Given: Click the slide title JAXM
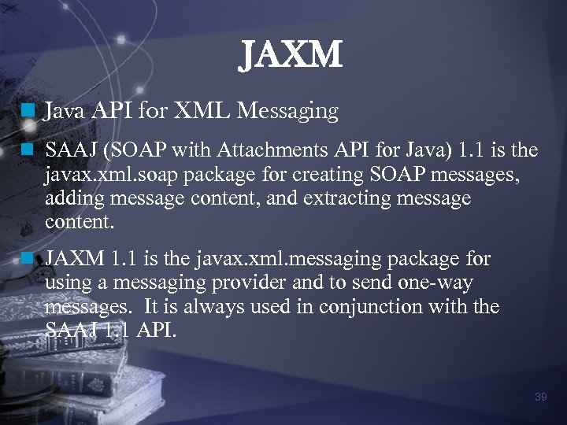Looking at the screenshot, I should point(291,56).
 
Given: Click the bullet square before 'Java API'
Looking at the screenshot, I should point(29,112).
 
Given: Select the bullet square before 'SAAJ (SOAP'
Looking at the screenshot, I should point(29,147).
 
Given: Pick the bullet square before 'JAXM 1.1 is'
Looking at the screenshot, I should point(29,258).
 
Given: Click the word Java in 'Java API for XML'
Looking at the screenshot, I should point(65,112).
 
